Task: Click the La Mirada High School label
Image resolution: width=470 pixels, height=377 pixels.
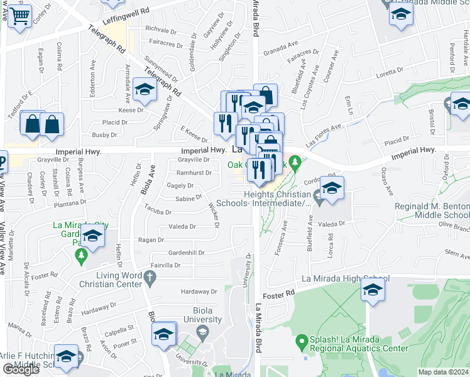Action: point(346,278)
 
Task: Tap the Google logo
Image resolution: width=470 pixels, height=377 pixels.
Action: point(21,369)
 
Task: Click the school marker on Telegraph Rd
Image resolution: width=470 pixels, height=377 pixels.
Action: point(145,90)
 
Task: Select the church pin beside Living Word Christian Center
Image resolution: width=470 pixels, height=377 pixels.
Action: point(149,276)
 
